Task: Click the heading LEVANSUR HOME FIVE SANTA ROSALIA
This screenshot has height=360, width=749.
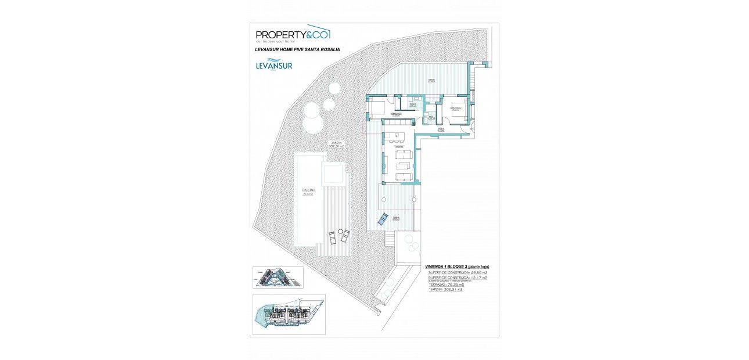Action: [x=297, y=50]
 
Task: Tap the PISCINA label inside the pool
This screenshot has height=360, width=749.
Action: [x=308, y=190]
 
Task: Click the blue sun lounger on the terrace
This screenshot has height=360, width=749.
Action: [x=383, y=219]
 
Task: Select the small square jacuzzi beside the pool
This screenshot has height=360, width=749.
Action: [x=334, y=172]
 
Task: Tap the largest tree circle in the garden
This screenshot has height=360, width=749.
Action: [x=313, y=123]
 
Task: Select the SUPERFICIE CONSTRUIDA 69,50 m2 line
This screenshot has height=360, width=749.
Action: [x=458, y=272]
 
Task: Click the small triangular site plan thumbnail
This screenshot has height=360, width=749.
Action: [x=278, y=278]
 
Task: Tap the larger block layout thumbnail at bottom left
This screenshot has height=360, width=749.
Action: [x=289, y=315]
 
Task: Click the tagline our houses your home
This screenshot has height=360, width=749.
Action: [x=275, y=42]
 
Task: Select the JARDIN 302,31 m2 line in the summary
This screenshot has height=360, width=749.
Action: [x=445, y=289]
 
